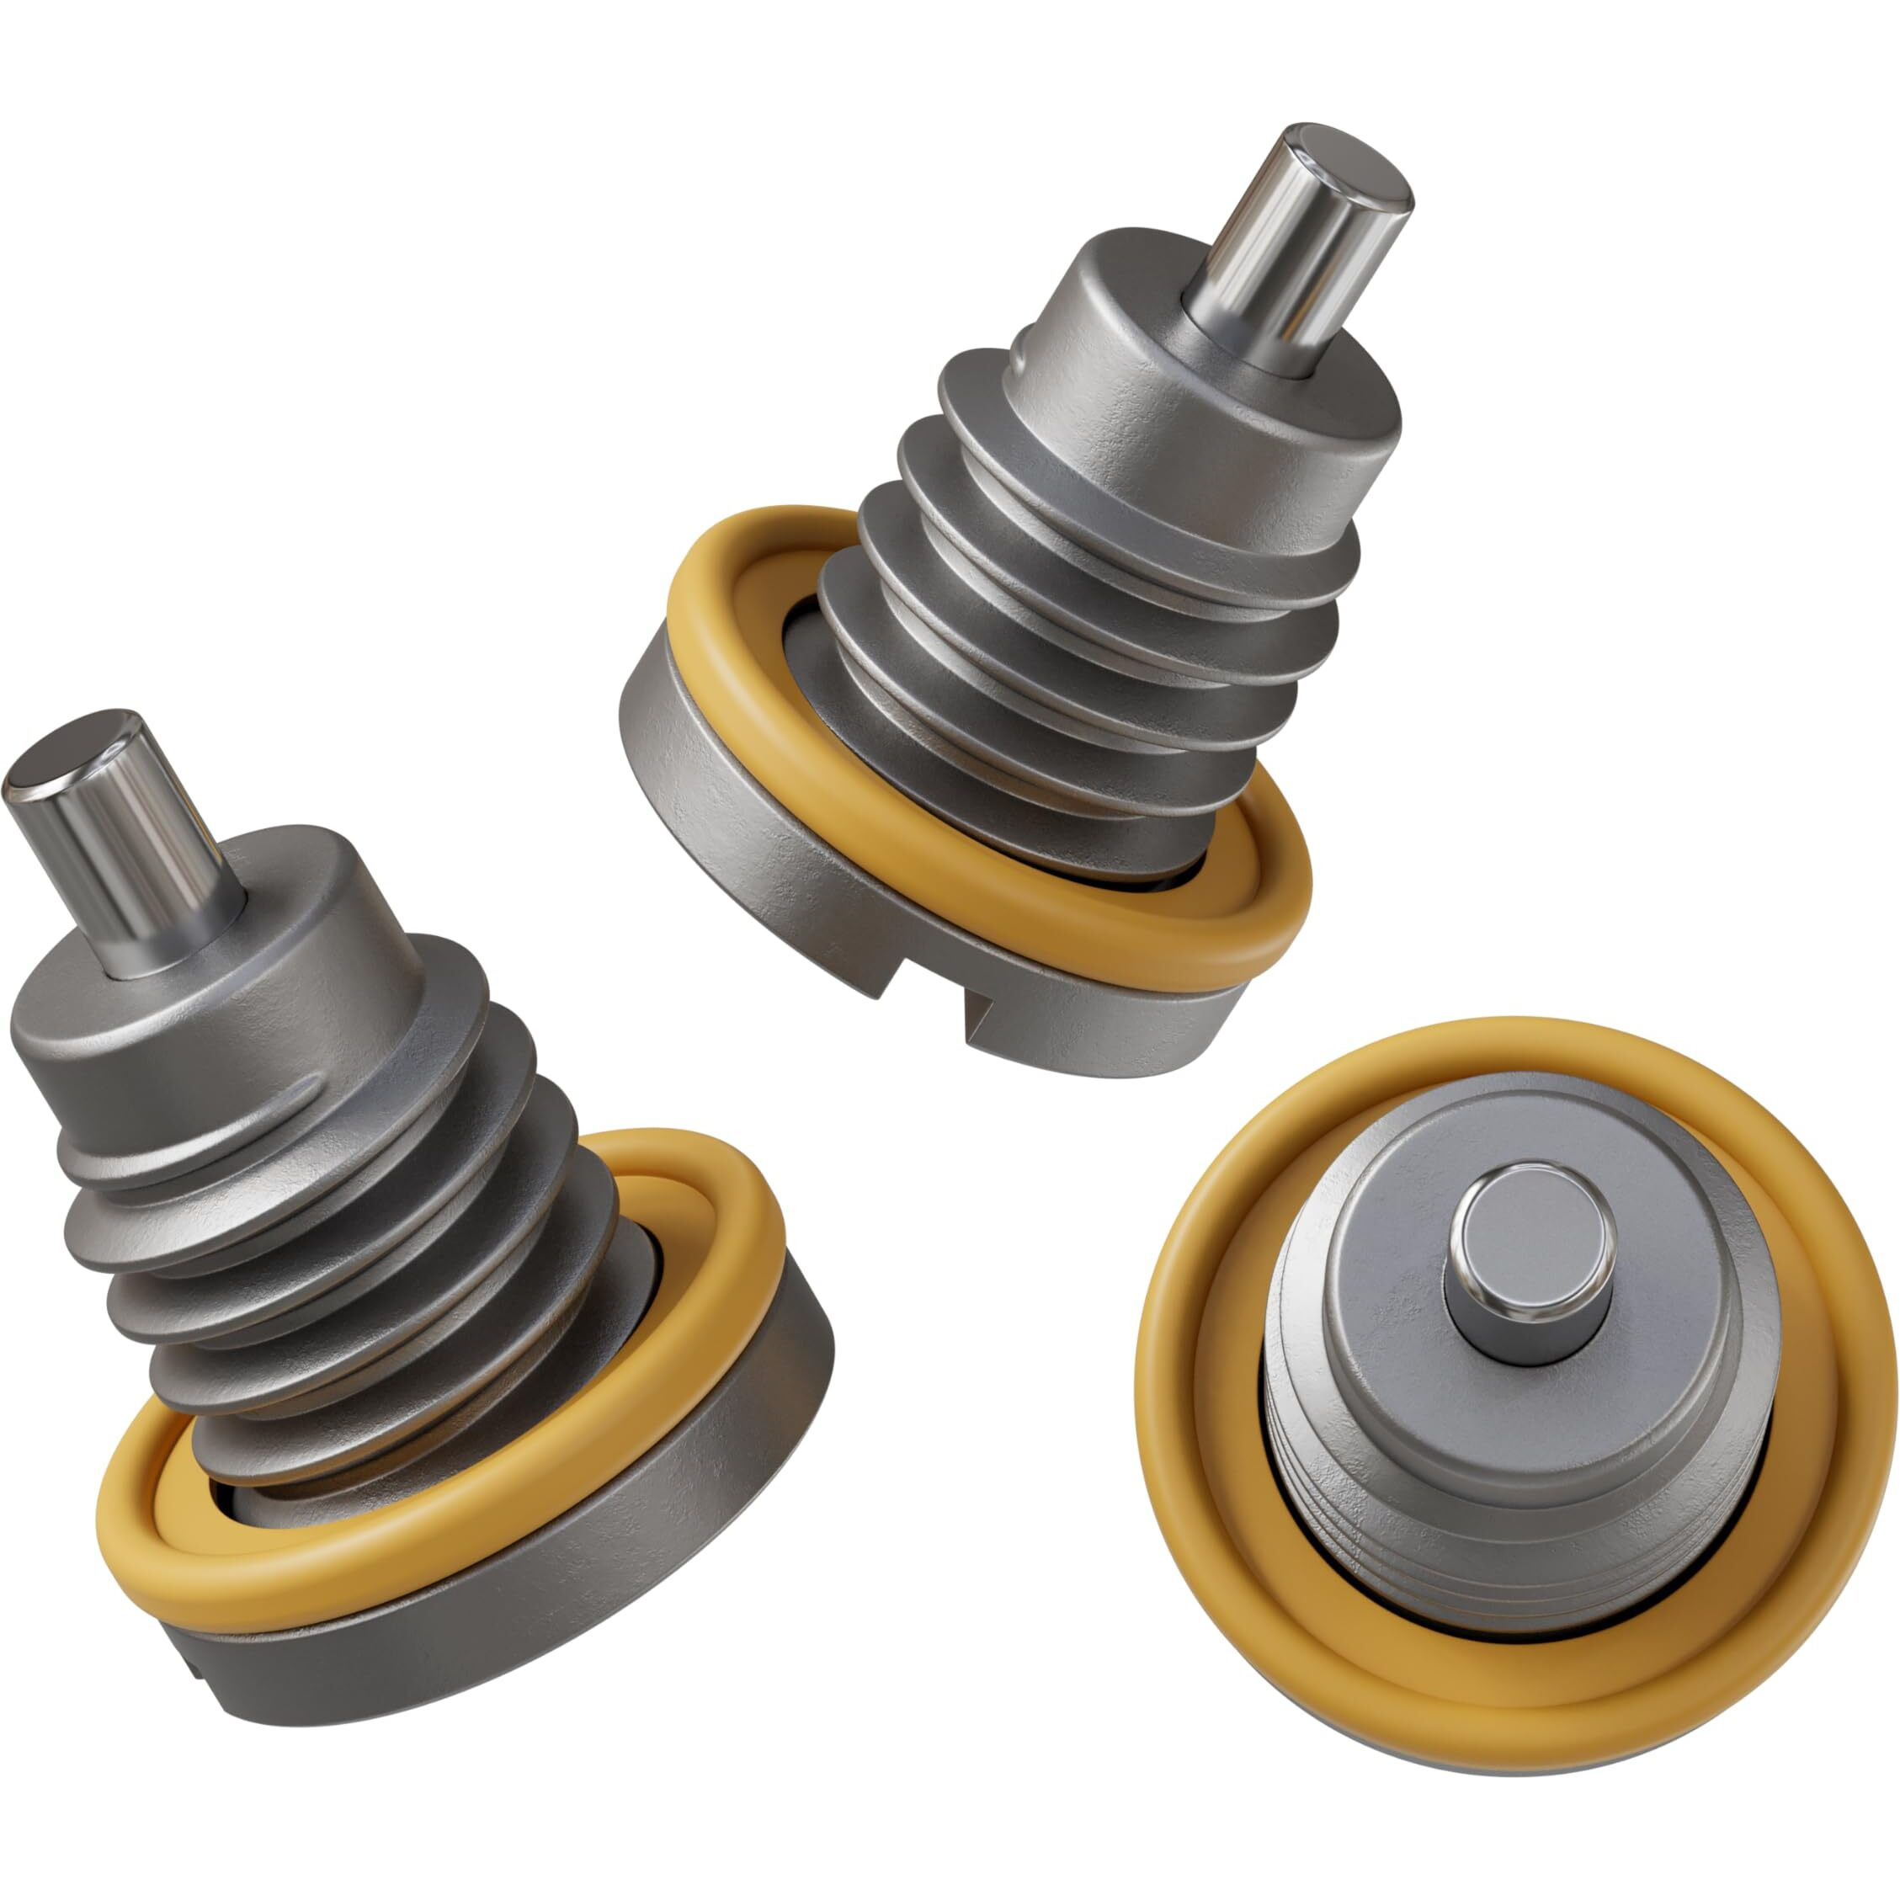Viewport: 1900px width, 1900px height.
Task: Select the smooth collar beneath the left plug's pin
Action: click(x=226, y=1042)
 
